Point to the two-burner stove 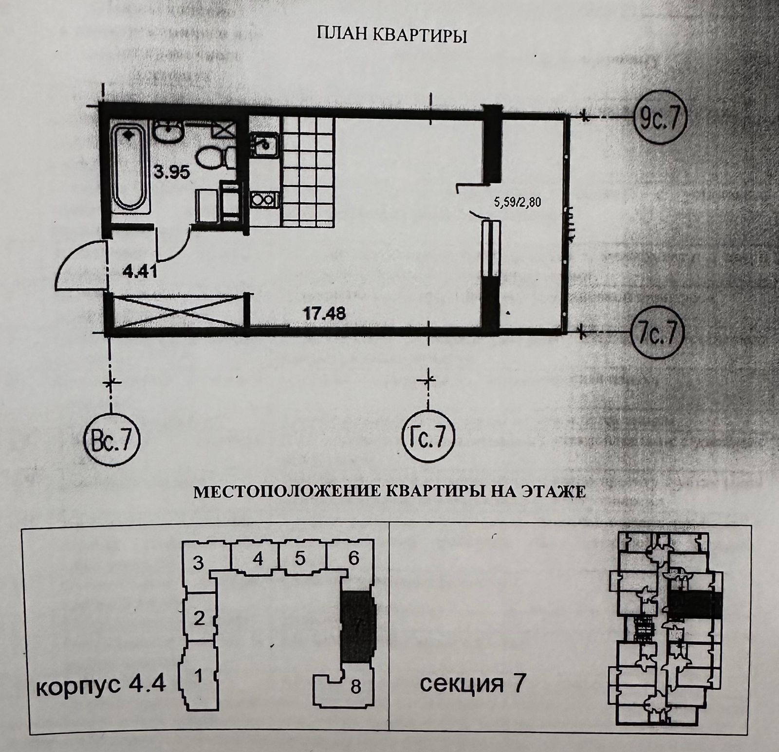263,199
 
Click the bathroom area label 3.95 172,172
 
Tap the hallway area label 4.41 139,270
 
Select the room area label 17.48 325,313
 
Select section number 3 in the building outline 198,564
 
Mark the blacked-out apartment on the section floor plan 694,605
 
